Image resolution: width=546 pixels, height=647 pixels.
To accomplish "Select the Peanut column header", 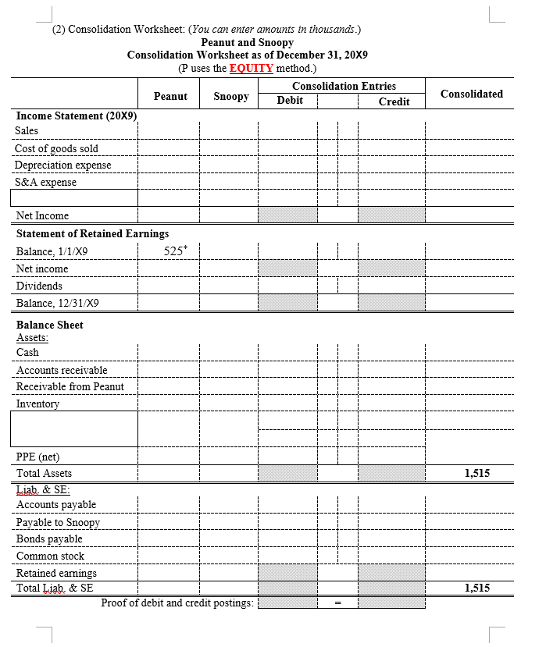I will pos(170,96).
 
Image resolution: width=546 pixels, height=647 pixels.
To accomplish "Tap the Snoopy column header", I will pos(230,96).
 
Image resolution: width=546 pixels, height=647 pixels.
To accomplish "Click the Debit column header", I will pos(290,101).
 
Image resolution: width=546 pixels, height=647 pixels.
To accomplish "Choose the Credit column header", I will pos(394,101).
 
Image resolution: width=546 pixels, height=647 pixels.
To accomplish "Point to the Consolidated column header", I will pos(471,94).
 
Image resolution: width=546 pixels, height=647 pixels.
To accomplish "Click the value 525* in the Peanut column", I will pos(175,251).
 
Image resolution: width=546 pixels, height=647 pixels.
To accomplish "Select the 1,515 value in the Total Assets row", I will pos(476,473).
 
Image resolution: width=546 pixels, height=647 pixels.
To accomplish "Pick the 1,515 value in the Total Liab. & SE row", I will pos(476,588).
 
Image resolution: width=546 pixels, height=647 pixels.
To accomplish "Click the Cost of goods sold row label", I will pos(56,148).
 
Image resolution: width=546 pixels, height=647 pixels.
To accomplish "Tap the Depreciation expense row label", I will pos(62,165).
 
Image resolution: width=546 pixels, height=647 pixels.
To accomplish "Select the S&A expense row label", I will pos(46,183).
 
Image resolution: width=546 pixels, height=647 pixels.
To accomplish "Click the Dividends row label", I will pos(39,286).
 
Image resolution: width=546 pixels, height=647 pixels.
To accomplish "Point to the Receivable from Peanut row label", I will pos(70,386).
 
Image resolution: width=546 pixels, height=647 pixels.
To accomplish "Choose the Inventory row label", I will pos(37,403).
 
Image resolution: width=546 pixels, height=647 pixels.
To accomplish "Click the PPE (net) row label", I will pos(37,457).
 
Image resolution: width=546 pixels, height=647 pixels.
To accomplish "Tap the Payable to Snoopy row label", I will pos(58,522).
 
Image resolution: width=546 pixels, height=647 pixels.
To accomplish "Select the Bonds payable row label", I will pos(49,539).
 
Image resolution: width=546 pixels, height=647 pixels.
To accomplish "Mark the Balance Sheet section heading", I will pos(49,325).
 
